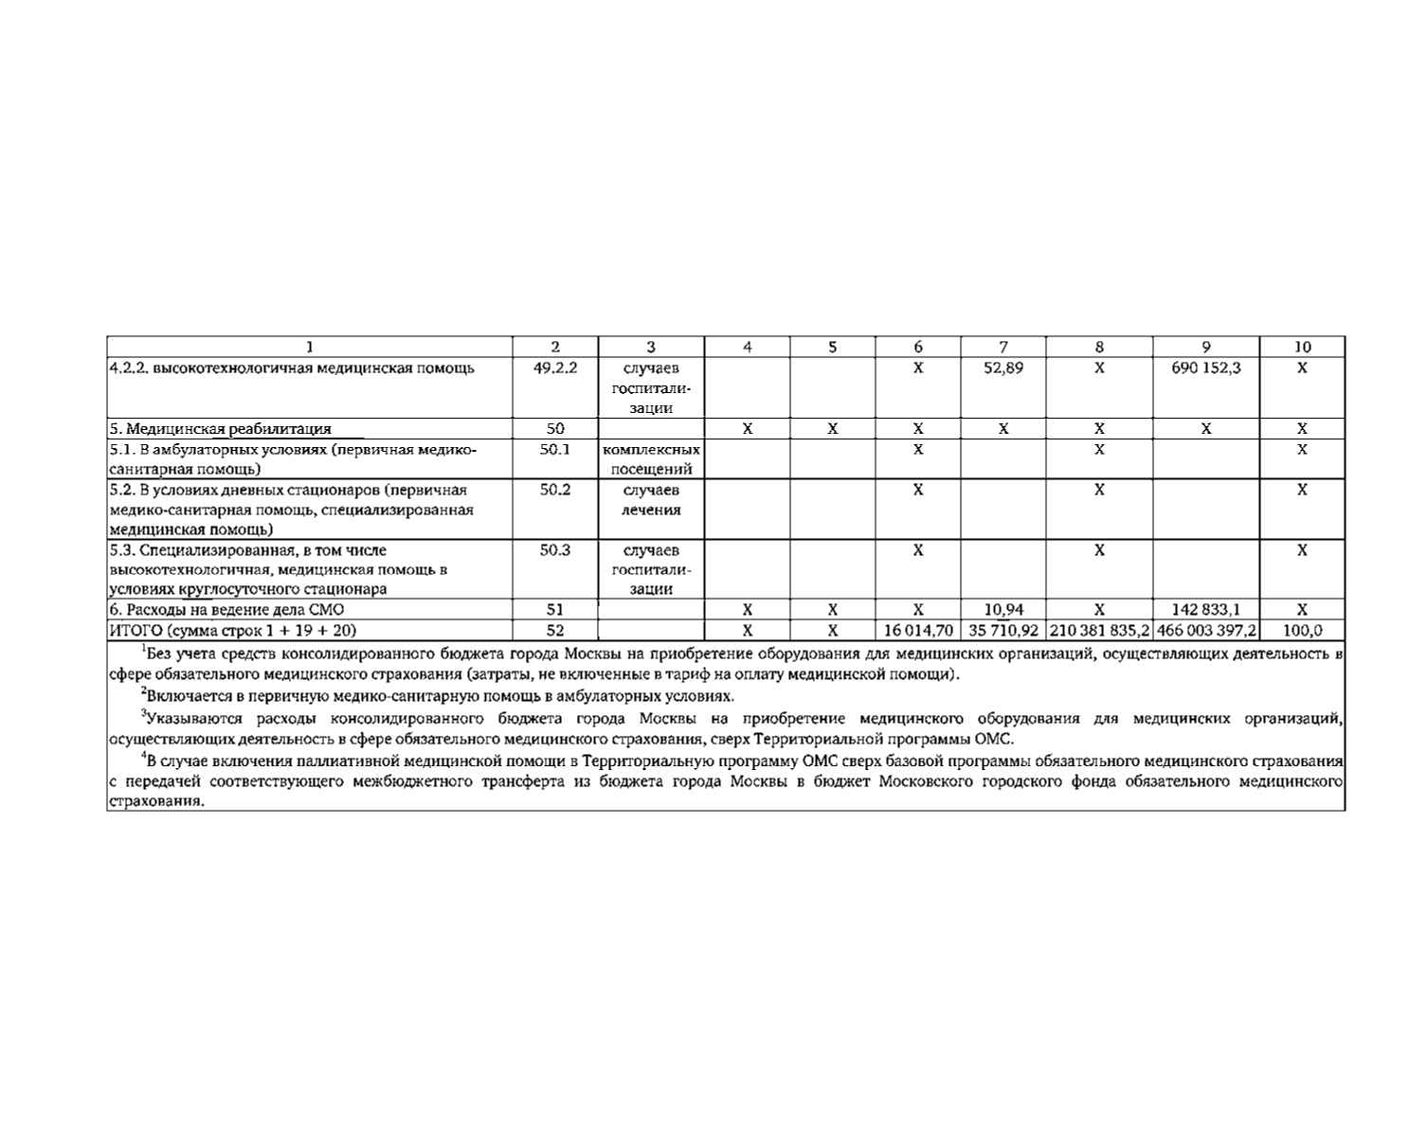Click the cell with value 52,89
(1003, 368)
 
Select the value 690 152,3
(1205, 368)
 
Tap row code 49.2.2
(555, 368)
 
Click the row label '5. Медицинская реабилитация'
(221, 429)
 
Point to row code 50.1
(555, 450)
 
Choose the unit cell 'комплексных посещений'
(651, 459)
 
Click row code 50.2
(555, 491)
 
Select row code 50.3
(555, 550)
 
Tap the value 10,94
(1003, 610)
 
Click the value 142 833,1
(1205, 610)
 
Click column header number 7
(1003, 347)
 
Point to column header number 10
(1302, 347)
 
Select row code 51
(555, 610)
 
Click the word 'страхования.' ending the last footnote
(156, 801)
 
